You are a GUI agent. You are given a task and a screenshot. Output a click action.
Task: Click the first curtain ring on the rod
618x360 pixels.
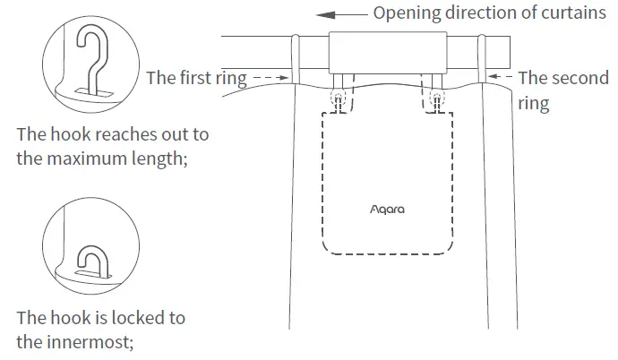point(294,59)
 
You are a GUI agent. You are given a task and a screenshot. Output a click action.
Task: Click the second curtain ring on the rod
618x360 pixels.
point(481,59)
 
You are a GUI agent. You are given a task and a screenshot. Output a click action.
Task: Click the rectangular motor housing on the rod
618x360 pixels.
point(388,53)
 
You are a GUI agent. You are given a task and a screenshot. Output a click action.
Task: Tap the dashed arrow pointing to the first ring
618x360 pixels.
point(268,78)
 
